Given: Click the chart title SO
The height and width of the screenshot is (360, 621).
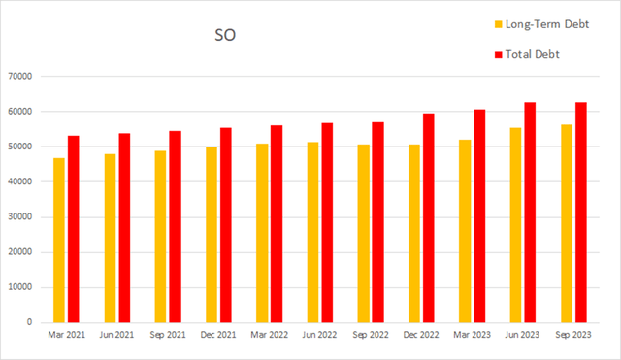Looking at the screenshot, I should tap(225, 36).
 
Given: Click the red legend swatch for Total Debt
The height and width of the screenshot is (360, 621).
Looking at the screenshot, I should tap(499, 54).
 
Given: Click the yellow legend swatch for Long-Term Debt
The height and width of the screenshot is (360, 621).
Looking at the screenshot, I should tap(499, 23).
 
